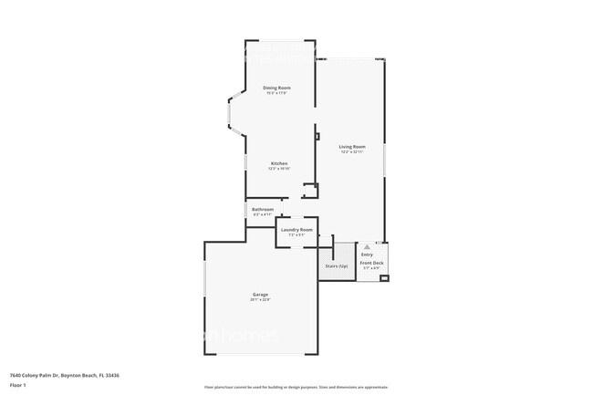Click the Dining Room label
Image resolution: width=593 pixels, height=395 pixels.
pos(277,88)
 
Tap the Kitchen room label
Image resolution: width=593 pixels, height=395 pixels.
pos(278,163)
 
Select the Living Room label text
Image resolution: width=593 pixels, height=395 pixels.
pos(352,147)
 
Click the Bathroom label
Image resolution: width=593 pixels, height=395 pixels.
pos(263,209)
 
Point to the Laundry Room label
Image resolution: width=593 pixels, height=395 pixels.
pos(296,230)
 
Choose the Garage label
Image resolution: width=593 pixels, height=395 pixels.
pos(260,295)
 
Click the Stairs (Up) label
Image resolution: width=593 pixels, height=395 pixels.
pos(337,265)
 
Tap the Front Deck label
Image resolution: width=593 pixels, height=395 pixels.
pos(372,263)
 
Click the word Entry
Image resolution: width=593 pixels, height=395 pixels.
pos(367,255)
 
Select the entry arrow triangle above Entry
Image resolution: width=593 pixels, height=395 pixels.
pos(367,246)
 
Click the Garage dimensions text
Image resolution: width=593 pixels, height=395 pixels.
pos(260,300)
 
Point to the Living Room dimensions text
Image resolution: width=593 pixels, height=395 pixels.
pos(352,152)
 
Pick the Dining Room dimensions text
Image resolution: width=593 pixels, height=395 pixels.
pos(277,93)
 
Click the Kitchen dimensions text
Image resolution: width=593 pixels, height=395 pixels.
pos(278,169)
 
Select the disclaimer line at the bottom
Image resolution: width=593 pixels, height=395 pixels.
pos(296,387)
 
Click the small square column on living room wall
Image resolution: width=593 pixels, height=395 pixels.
pos(317,137)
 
